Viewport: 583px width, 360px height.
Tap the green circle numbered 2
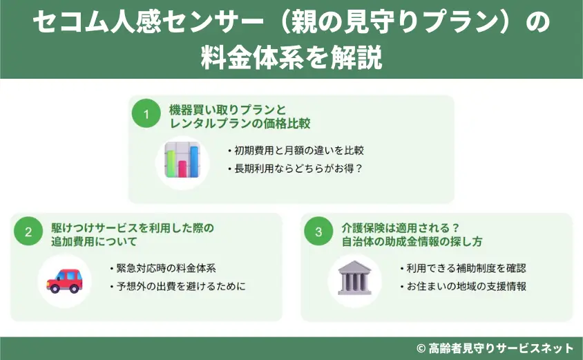pos(28,232)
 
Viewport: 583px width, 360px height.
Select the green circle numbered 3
pos(318,232)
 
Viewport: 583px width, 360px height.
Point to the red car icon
pos(64,280)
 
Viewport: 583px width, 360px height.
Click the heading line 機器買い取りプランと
pos(227,109)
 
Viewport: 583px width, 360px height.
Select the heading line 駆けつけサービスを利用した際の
pos(133,227)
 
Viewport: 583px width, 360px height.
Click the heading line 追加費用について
pos(93,242)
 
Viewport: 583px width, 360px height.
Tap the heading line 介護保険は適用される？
pos(401,227)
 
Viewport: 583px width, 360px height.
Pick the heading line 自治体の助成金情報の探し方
pos(412,242)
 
